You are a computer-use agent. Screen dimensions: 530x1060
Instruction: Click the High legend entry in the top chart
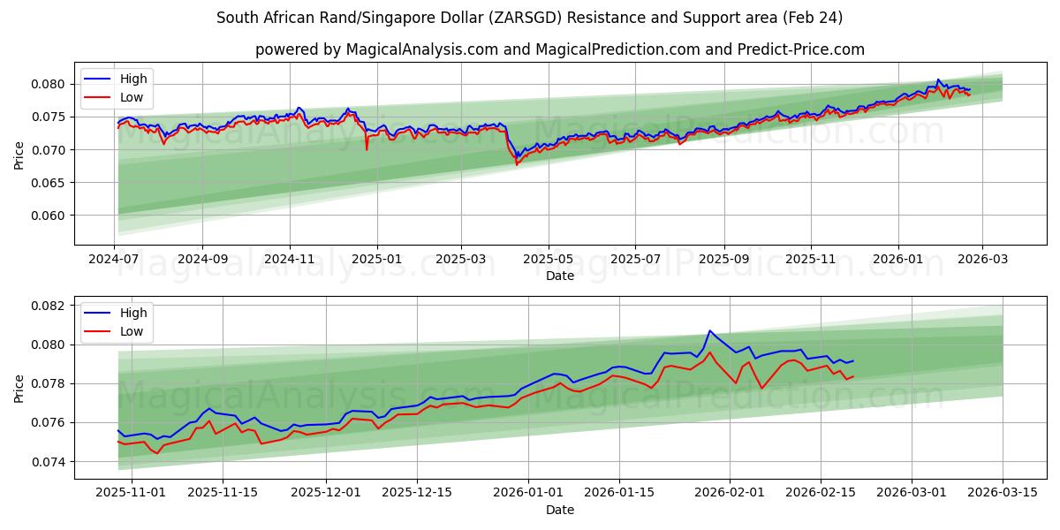[x=133, y=79]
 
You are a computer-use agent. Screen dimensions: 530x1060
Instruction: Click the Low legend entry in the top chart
[x=132, y=98]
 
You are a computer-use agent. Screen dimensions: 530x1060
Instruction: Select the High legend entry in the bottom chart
[x=133, y=314]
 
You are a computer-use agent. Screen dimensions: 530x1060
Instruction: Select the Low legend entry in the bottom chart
[x=132, y=331]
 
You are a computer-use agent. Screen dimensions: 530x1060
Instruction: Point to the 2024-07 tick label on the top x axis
[x=114, y=260]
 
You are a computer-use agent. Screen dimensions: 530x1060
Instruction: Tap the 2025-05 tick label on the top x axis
[x=549, y=260]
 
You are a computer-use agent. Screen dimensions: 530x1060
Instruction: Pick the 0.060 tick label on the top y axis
[x=49, y=216]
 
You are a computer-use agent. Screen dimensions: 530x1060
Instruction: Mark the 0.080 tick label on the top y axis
[x=49, y=84]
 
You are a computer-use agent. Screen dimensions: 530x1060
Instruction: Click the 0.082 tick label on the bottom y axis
[x=49, y=306]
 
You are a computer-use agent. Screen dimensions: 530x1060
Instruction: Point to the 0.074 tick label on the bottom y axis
[x=49, y=462]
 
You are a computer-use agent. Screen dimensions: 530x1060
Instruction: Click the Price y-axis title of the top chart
[x=19, y=155]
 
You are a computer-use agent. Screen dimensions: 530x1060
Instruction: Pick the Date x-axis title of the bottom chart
[x=560, y=510]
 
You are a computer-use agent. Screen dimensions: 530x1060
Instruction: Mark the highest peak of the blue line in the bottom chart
[x=710, y=330]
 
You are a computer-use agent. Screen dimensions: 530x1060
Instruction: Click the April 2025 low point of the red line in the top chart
[x=517, y=164]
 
